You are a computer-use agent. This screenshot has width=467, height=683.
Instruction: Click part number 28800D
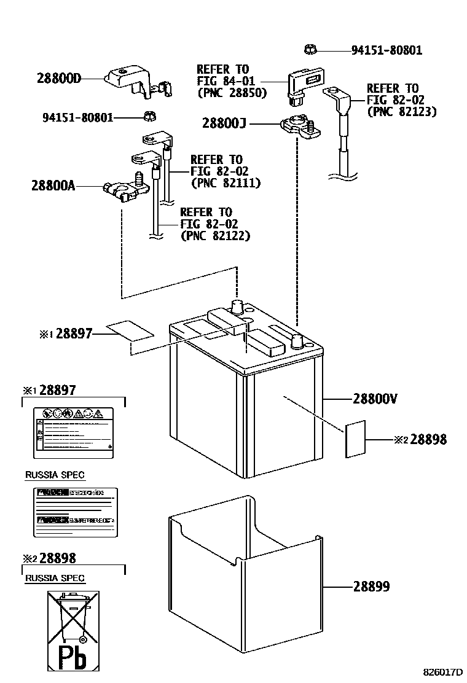[59, 78]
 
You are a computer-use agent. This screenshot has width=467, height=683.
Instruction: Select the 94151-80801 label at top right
[387, 50]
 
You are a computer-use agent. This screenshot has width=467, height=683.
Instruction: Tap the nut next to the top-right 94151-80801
[310, 49]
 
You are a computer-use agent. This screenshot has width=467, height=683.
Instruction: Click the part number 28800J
[224, 123]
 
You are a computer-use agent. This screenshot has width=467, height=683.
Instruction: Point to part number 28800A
[53, 185]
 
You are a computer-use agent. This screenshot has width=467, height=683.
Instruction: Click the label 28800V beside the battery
[375, 399]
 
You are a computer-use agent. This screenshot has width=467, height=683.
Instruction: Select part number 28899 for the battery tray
[371, 587]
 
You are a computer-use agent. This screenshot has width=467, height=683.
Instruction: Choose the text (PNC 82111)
[226, 182]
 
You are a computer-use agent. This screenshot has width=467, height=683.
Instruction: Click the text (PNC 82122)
[215, 235]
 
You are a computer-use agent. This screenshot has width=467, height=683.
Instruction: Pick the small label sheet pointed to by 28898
[355, 440]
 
